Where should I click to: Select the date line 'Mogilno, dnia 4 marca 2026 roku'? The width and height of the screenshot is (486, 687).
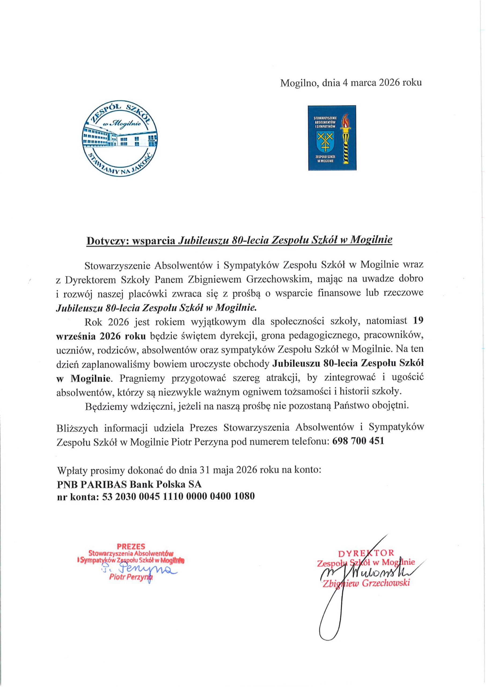click(x=351, y=83)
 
